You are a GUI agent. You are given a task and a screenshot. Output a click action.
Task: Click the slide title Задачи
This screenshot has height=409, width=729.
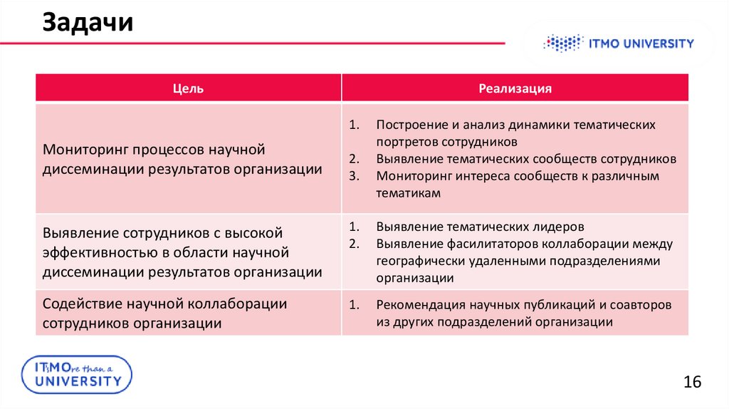[x=88, y=23]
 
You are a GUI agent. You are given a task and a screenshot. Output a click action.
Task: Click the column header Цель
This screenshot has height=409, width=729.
[x=188, y=88]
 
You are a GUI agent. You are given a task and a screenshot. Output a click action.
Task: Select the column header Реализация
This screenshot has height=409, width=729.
[x=515, y=88]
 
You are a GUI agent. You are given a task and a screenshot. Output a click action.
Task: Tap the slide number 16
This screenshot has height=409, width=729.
[x=692, y=382]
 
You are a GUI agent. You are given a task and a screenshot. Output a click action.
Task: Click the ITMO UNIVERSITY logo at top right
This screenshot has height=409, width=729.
[x=618, y=44]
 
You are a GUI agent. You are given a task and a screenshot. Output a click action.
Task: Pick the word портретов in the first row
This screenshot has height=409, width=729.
[x=404, y=142]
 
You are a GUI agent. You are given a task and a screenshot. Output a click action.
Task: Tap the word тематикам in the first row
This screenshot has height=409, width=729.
[x=409, y=192]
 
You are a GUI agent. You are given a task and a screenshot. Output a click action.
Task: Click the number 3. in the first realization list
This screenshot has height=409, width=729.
[x=352, y=175]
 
